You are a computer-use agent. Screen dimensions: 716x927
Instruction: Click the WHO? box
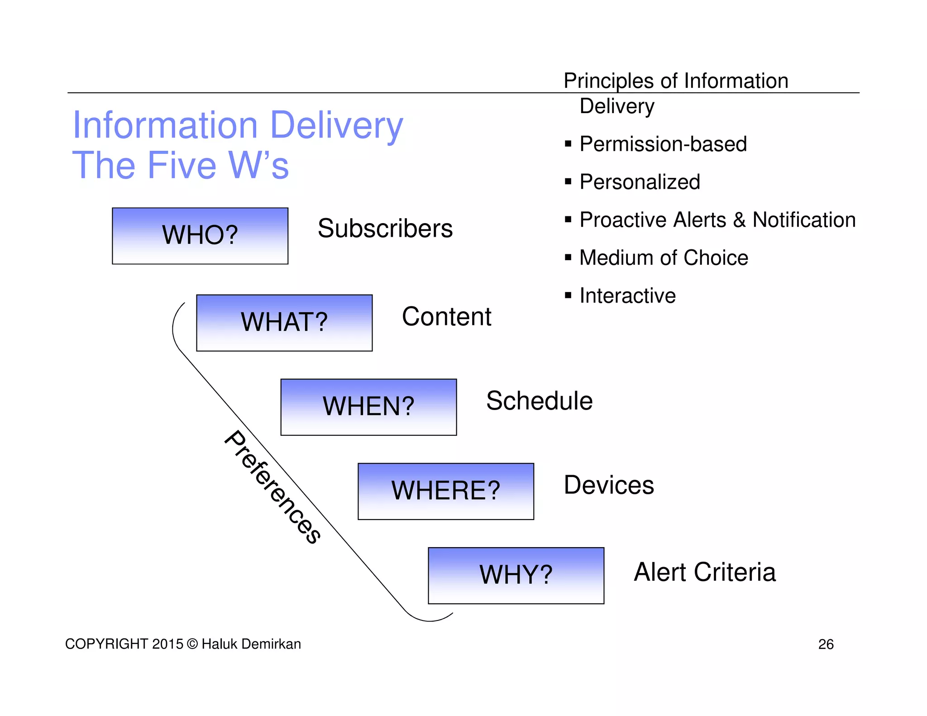coord(200,236)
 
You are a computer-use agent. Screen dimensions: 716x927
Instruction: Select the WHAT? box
coord(284,323)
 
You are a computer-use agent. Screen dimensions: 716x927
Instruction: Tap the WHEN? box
coord(368,407)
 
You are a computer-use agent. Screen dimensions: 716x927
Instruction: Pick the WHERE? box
coord(446,491)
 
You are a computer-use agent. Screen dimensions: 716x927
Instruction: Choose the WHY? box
coord(516,575)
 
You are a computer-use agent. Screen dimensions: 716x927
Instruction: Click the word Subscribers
coord(385,229)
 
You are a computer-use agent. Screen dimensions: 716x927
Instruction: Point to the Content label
coord(446,316)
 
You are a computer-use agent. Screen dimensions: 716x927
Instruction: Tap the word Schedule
coord(539,401)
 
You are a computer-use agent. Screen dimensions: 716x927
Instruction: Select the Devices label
coord(609,485)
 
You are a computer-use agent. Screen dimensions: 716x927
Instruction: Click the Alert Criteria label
coord(705,572)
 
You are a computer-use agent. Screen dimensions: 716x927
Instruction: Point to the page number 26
coord(826,644)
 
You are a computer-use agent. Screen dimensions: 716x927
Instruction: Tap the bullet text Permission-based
coord(663,144)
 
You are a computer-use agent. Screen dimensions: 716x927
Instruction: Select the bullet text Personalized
coord(640,182)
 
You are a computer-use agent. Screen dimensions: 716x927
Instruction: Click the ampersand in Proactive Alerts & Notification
coord(739,220)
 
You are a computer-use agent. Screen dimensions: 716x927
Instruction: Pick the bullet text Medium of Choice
coord(664,258)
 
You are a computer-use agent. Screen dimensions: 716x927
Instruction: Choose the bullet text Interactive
coord(627,296)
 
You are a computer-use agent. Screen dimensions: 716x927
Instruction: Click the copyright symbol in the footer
coord(192,644)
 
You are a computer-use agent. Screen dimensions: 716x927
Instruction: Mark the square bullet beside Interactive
coord(568,296)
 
